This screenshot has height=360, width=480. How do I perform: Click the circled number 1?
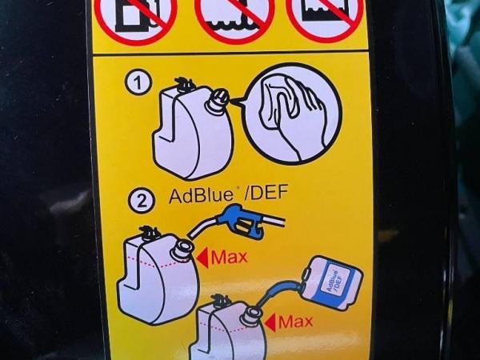click(138, 83)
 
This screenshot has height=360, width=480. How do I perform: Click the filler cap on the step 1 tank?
click(219, 98)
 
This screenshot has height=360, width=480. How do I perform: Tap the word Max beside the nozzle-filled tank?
click(229, 257)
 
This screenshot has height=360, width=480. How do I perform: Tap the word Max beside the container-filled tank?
click(295, 322)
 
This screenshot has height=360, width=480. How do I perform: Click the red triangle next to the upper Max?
click(202, 258)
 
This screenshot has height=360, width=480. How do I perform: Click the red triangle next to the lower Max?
click(270, 322)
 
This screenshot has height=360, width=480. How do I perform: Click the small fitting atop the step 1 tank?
click(185, 85)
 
